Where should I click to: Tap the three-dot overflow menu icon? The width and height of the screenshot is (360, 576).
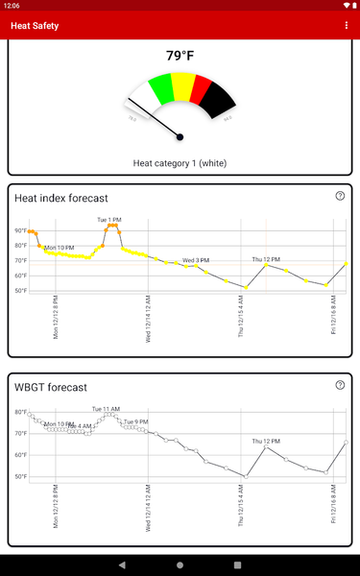click(347, 25)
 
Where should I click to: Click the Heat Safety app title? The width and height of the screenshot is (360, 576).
click(35, 26)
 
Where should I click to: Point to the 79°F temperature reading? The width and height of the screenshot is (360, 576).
click(180, 56)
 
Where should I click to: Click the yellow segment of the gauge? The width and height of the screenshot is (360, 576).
click(180, 85)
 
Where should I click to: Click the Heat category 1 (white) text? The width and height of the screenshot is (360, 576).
click(180, 163)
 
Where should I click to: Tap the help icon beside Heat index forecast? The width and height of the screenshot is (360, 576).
click(340, 196)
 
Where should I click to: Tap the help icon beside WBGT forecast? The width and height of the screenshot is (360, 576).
click(340, 385)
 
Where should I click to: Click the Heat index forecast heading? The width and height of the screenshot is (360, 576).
click(60, 199)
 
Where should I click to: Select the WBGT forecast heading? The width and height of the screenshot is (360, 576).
click(51, 388)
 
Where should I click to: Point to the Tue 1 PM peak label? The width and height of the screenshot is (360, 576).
click(109, 220)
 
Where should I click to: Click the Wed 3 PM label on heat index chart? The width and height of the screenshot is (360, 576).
click(196, 260)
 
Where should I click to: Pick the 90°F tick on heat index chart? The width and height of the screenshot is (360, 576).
click(20, 231)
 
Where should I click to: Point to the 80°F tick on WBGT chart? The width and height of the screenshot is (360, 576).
click(20, 412)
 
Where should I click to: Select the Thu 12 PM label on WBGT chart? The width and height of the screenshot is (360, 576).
click(266, 441)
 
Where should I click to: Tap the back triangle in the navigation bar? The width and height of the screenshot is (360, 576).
click(121, 564)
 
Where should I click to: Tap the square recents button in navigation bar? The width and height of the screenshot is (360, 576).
click(238, 564)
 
